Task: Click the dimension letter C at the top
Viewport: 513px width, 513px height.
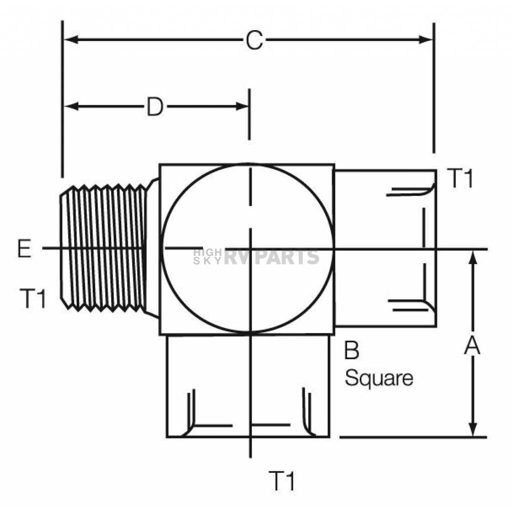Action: [x=254, y=40]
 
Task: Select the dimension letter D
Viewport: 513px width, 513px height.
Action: [x=155, y=107]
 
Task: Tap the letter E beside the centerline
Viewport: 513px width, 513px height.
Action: [x=24, y=248]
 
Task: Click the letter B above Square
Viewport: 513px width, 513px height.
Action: [x=352, y=350]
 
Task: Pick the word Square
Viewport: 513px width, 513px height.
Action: [x=379, y=379]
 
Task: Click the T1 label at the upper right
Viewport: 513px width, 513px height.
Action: [x=460, y=179]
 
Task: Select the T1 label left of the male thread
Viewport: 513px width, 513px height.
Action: [x=33, y=299]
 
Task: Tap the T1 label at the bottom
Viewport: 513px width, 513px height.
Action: [x=282, y=480]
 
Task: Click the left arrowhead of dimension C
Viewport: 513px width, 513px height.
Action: [x=70, y=40]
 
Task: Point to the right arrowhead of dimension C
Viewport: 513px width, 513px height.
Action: [x=426, y=40]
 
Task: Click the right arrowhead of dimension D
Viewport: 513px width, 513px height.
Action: [x=242, y=106]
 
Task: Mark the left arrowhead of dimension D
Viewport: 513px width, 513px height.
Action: [x=70, y=106]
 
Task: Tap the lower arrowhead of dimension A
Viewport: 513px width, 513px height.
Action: [x=472, y=429]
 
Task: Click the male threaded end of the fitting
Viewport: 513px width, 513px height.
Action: [x=103, y=248]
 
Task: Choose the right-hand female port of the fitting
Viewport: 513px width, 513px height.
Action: [x=385, y=248]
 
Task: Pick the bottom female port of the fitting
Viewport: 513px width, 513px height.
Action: [x=248, y=386]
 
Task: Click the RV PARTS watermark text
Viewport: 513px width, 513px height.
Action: [x=271, y=256]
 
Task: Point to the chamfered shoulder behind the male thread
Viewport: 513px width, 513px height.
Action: [x=152, y=248]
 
